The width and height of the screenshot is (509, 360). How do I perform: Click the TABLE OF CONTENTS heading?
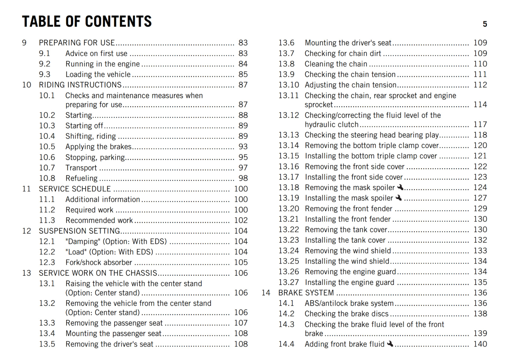[x=87, y=22]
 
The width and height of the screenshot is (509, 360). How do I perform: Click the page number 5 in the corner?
[x=485, y=24]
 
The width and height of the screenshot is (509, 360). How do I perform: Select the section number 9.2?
[x=45, y=64]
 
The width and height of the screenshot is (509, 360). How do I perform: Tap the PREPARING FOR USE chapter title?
[x=77, y=43]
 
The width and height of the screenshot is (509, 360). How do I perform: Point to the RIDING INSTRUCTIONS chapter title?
[x=80, y=85]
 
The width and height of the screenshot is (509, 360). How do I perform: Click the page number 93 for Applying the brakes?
[x=243, y=147]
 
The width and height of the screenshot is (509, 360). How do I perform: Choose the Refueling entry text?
[x=81, y=178]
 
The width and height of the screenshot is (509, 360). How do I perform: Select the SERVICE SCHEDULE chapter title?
[x=75, y=189]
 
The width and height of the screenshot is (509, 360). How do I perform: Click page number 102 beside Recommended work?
[x=241, y=220]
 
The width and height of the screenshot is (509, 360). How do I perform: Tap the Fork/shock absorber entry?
[x=99, y=262]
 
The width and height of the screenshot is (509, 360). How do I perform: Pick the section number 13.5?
[x=47, y=344]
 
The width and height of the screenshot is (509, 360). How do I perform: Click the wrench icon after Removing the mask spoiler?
[x=400, y=187]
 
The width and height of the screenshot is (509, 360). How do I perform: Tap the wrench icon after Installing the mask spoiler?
[x=399, y=198]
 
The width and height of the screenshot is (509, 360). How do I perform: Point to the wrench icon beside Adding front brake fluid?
[x=390, y=344]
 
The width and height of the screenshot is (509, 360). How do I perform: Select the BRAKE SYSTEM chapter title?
[x=306, y=293]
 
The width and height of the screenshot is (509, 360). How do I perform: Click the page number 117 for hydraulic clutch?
[x=480, y=124]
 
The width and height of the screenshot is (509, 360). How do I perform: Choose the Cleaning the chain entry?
[x=336, y=64]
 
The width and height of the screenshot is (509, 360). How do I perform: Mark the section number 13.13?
[x=289, y=135]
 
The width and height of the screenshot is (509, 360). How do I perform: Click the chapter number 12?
[x=26, y=231]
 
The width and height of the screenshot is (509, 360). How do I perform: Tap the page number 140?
[x=480, y=344]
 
